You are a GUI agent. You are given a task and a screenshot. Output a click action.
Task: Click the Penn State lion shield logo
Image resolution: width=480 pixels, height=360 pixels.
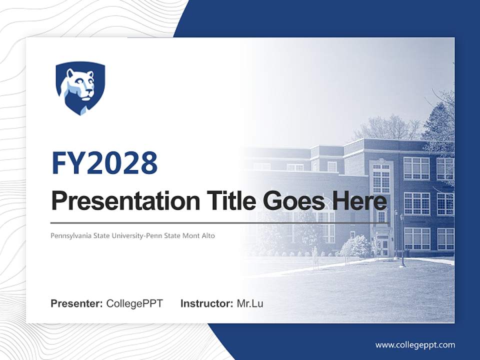pos(80,88)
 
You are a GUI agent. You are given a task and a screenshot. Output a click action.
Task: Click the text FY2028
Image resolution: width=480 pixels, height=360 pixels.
pos(104,163)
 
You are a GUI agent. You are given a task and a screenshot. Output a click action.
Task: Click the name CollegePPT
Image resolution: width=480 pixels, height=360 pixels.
pos(134,303)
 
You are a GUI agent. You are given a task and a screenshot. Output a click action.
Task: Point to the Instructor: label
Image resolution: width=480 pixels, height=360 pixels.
pos(206,303)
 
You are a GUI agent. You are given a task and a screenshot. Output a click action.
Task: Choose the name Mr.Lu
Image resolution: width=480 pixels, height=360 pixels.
pos(250,303)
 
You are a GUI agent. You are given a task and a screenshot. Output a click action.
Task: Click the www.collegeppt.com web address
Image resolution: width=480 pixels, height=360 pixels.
pos(415,345)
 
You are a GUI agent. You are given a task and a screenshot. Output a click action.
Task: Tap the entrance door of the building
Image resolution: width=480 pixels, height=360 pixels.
pos(384,247)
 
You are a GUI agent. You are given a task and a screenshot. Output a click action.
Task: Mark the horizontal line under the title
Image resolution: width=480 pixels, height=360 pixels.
pos(220,222)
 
